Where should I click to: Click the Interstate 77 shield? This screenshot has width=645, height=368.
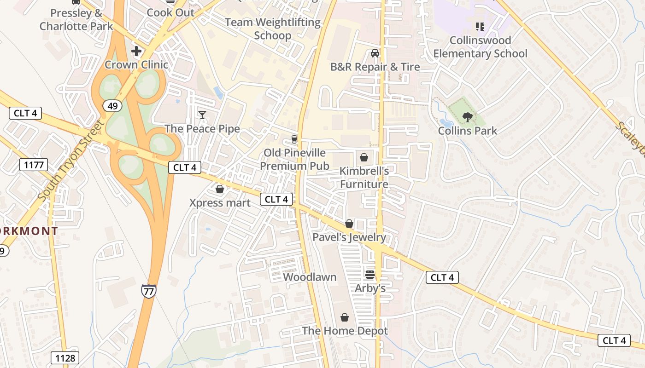[148, 291]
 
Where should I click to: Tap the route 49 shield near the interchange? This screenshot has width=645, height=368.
[112, 106]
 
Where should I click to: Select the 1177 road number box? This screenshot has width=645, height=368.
[34, 164]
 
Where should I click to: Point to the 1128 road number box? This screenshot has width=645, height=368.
[65, 358]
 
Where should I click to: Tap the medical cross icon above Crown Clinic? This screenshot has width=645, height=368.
[136, 51]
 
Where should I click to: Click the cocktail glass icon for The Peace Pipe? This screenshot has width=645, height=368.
[202, 115]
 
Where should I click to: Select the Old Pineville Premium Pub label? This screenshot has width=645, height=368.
[294, 159]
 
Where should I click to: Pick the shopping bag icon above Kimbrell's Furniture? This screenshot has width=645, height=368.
[364, 157]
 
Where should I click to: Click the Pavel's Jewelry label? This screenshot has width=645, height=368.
[349, 237]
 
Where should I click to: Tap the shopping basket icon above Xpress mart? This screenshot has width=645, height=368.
[220, 189]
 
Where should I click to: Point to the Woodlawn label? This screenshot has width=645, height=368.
[310, 277]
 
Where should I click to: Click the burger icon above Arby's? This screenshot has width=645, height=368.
[370, 275]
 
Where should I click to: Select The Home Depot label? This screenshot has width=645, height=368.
[345, 331]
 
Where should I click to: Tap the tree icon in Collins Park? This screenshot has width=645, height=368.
[468, 117]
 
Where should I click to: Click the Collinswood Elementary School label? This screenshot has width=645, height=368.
[480, 47]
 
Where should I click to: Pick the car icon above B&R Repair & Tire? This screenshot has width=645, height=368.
[375, 53]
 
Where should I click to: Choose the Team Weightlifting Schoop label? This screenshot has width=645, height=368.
[273, 29]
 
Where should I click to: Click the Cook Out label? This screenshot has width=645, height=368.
[170, 12]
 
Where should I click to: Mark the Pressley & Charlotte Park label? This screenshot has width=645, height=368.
[76, 19]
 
